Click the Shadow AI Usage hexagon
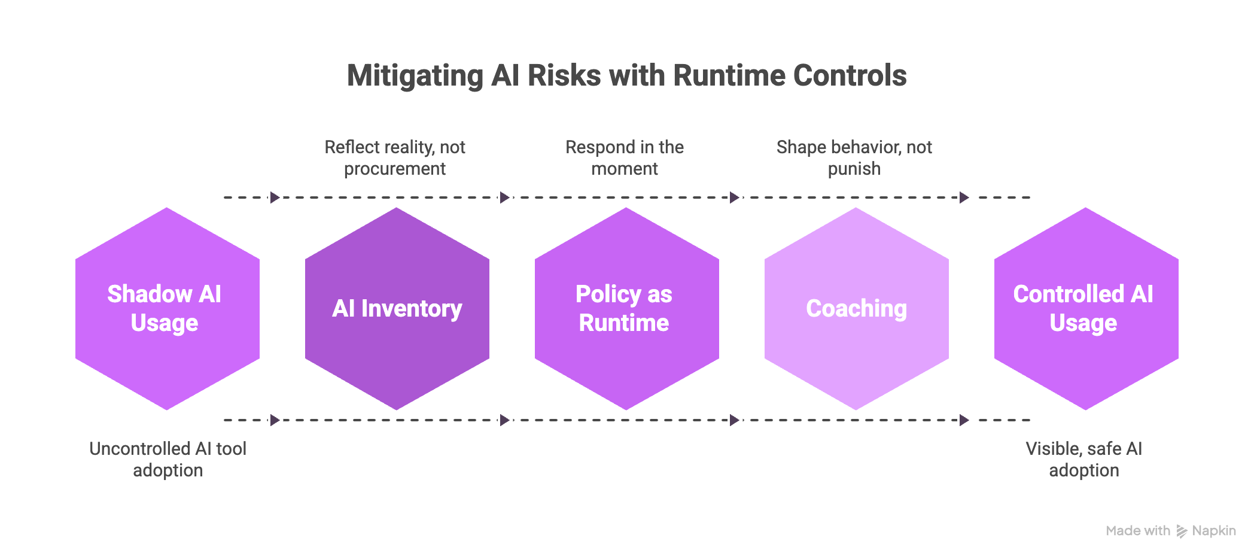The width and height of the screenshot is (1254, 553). (x=167, y=309)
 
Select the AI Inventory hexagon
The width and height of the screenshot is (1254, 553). (x=397, y=309)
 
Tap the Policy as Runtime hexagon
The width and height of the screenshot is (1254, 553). (x=626, y=309)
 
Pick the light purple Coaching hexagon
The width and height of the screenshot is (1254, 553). (x=856, y=309)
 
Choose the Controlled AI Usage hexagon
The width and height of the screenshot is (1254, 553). (x=1086, y=309)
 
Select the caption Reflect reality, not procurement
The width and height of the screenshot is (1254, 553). (x=395, y=158)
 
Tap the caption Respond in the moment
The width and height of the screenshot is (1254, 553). (x=625, y=158)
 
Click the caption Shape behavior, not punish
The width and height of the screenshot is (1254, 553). (x=854, y=158)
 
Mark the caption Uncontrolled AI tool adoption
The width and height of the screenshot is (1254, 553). (x=168, y=460)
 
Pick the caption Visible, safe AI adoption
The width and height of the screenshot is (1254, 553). (x=1084, y=460)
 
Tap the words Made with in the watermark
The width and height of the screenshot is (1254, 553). (x=1137, y=531)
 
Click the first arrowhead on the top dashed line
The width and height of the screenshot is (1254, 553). (x=275, y=197)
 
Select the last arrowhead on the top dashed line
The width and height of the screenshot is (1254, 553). (x=964, y=197)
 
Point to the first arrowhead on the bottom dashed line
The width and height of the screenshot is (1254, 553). (x=275, y=420)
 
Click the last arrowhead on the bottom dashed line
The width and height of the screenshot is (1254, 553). (x=964, y=420)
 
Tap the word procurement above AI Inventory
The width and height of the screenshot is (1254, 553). (x=395, y=169)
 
